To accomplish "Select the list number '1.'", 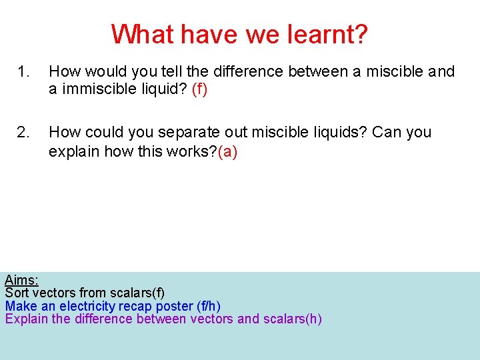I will (x=24, y=72).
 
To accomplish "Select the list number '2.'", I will (x=24, y=133).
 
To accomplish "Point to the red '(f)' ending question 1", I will (x=199, y=90).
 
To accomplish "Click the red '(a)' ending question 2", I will (x=227, y=151).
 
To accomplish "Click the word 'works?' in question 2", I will (x=193, y=151).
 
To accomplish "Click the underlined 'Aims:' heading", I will (x=21, y=280).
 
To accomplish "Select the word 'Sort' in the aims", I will (x=17, y=293).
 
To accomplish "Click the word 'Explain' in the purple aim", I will (x=27, y=319).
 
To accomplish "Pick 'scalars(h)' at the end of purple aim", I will (x=293, y=319).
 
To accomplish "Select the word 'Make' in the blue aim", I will (x=19, y=306).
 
